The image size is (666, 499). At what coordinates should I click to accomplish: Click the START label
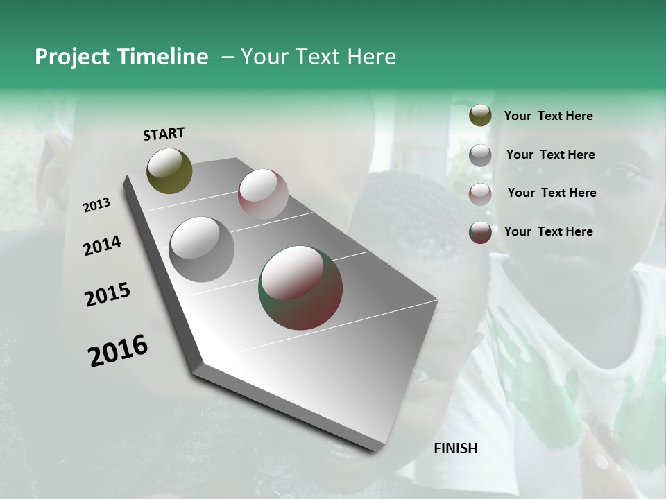click(x=164, y=134)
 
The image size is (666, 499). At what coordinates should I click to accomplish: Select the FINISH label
click(x=456, y=448)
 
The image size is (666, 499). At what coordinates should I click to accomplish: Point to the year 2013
click(x=96, y=205)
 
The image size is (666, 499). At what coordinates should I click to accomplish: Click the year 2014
click(x=102, y=245)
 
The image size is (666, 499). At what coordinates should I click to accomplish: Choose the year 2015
click(x=108, y=295)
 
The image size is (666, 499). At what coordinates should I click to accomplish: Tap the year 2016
click(x=118, y=350)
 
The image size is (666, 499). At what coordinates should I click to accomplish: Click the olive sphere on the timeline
click(x=169, y=170)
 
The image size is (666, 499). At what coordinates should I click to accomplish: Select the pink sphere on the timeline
click(x=263, y=194)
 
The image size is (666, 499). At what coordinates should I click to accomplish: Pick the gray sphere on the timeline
click(x=202, y=249)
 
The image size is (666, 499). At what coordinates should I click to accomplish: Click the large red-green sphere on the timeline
click(x=300, y=288)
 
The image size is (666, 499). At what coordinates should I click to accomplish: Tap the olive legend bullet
click(x=480, y=116)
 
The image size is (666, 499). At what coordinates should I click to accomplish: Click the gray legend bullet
click(x=480, y=155)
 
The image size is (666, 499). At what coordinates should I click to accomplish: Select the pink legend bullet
click(x=480, y=193)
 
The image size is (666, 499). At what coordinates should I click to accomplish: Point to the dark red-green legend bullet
click(x=480, y=232)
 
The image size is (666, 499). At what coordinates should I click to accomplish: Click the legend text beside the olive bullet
click(x=548, y=116)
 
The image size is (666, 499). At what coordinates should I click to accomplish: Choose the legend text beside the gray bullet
click(x=550, y=155)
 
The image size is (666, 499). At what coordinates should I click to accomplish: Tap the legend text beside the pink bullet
click(x=552, y=193)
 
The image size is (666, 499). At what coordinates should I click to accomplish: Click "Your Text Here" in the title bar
click(x=318, y=57)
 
